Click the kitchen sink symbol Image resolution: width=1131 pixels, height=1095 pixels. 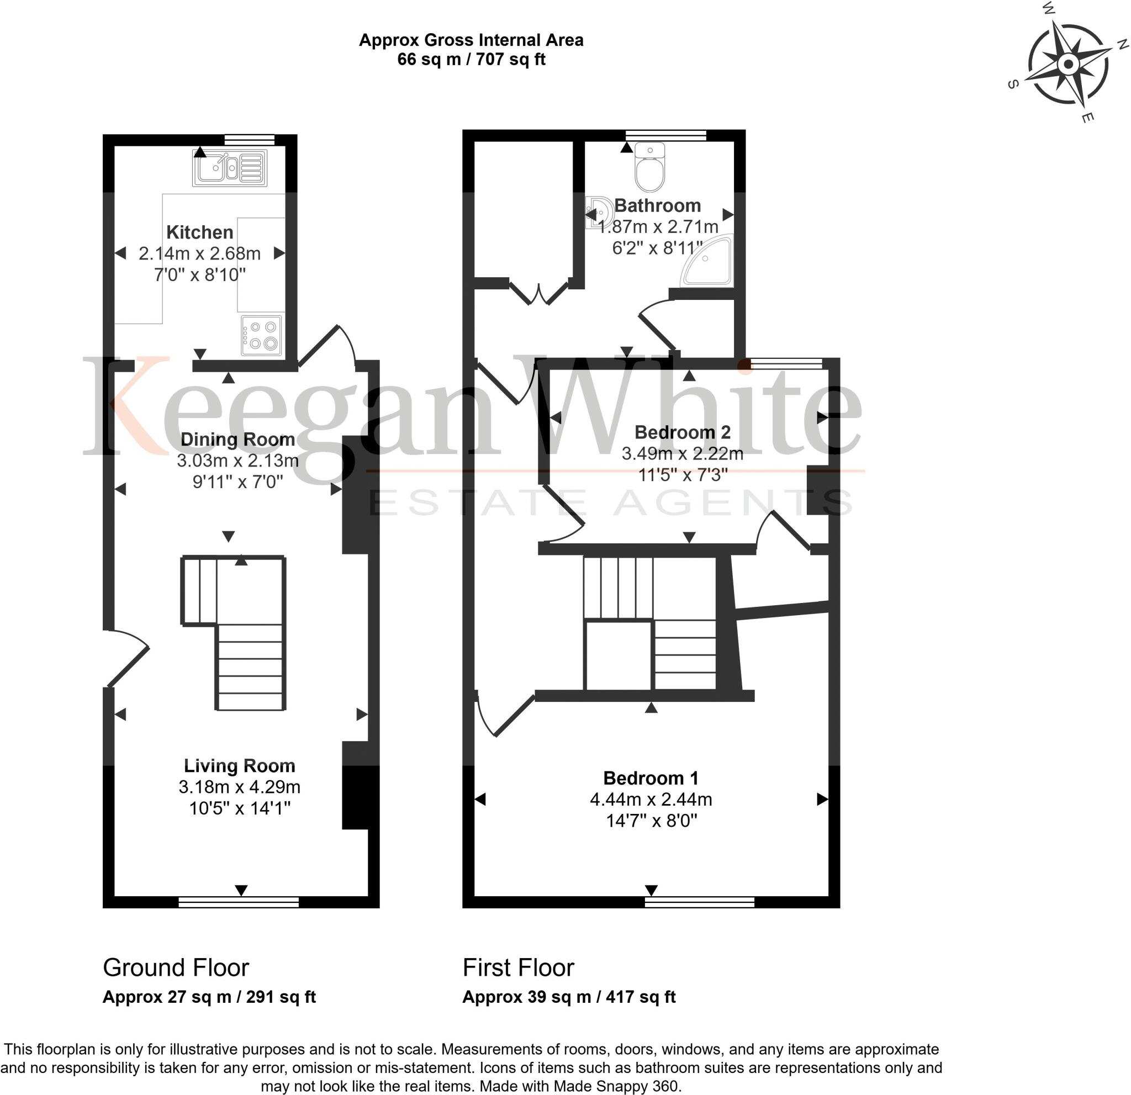coord(230,168)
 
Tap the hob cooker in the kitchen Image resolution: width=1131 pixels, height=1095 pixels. coord(262,335)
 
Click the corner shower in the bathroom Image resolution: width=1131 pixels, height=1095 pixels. coord(709,262)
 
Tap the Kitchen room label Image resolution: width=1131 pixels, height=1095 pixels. coord(200,232)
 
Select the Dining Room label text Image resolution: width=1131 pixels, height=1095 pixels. coord(237,440)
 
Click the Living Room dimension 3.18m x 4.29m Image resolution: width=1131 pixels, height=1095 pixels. coord(239,787)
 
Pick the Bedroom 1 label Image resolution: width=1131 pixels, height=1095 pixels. coord(651,778)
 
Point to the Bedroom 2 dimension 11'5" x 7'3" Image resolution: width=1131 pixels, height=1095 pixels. coord(682,475)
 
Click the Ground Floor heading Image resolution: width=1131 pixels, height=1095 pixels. coord(176,968)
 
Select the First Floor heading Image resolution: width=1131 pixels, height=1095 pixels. coord(518,968)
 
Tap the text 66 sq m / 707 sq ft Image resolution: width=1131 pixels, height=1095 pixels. coord(471,60)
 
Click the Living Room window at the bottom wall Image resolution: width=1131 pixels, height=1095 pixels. coord(239,902)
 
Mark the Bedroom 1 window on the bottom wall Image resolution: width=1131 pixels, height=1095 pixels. coord(699,902)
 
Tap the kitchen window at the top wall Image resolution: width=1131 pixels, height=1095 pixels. coord(249,139)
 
